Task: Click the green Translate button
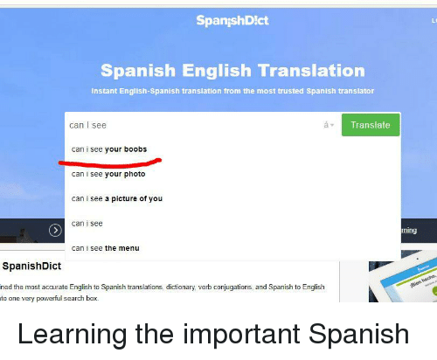pos(370,126)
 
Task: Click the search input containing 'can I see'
pos(192,126)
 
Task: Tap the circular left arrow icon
pos(55,231)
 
